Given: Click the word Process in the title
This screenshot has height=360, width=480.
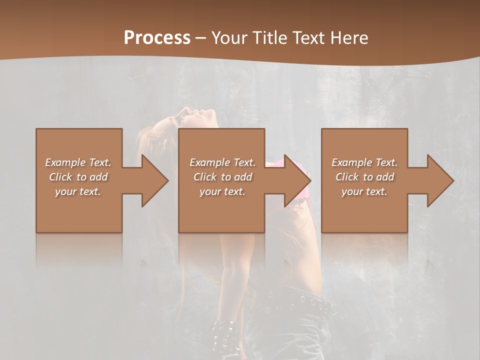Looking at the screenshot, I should [157, 37].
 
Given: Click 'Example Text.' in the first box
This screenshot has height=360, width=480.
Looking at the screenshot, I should [78, 162].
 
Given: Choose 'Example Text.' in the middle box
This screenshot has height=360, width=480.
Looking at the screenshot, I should [222, 162].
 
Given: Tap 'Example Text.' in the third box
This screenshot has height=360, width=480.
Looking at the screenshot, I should [364, 162].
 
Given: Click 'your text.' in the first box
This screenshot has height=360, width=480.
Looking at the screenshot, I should [78, 191].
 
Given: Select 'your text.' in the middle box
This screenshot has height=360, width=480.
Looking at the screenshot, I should [222, 191].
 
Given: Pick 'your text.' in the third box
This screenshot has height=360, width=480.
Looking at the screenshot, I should [364, 191].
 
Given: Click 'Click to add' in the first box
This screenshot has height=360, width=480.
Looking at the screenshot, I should [78, 177].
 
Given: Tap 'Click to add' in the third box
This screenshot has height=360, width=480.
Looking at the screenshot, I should [364, 177].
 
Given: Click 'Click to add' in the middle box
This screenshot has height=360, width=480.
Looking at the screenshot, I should [222, 177].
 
